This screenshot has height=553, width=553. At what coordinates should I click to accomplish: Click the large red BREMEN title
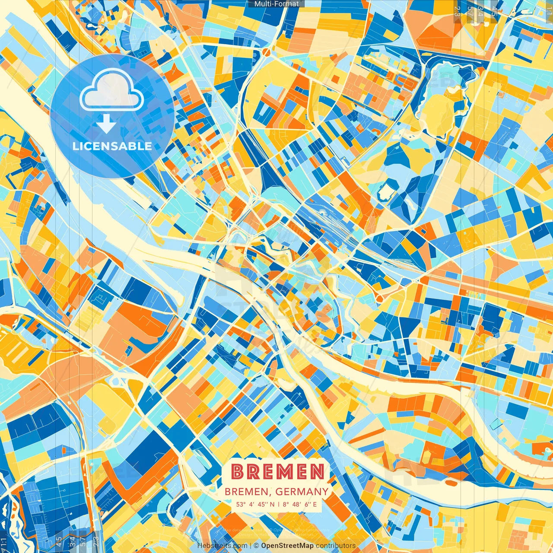click(x=277, y=472)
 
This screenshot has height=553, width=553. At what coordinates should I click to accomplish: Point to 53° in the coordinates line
click(x=241, y=504)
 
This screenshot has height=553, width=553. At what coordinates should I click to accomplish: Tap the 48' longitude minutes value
click(x=297, y=504)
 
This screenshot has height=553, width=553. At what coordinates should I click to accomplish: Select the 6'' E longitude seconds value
click(x=311, y=504)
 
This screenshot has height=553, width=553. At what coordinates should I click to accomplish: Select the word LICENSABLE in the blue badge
click(x=112, y=146)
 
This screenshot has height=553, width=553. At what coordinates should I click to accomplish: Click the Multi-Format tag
click(x=276, y=4)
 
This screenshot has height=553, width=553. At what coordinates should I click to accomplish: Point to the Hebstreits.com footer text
click(x=222, y=546)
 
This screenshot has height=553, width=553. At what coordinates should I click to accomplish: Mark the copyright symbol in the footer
click(x=256, y=546)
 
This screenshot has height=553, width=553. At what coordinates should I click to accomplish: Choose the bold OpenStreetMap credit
click(x=287, y=546)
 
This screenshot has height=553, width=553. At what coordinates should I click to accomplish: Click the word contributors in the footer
click(x=336, y=546)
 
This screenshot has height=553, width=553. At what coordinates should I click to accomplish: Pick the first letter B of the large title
click(x=238, y=472)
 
